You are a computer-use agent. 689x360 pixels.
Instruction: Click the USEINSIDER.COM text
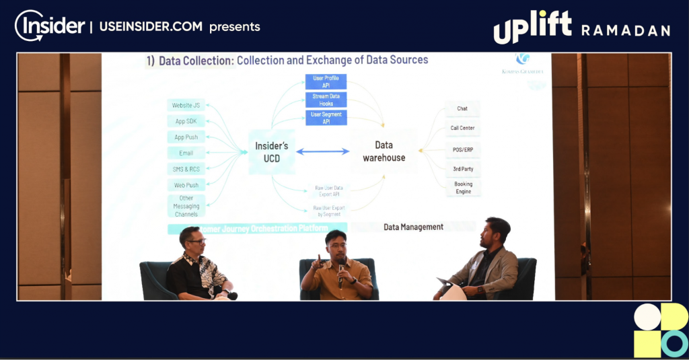point(151,27)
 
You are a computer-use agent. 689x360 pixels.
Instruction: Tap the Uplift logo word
point(532,28)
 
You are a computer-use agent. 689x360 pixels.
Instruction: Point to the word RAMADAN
point(626,30)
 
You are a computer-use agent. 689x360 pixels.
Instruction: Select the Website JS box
point(186,106)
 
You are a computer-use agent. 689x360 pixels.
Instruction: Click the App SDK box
point(186,121)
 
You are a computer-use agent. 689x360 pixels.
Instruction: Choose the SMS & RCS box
point(186,169)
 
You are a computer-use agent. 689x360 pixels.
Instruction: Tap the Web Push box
point(186,185)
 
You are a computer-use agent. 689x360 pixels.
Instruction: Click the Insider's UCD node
point(272,151)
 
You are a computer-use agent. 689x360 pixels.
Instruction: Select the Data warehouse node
point(384,151)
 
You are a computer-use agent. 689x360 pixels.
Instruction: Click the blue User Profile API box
point(326,82)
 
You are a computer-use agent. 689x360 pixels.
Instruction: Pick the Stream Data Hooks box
point(326,100)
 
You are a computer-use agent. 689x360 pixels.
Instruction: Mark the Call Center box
point(462,128)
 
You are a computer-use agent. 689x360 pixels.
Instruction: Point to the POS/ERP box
point(462,149)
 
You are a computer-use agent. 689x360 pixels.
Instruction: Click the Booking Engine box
point(462,188)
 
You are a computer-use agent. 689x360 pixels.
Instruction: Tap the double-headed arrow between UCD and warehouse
point(323,151)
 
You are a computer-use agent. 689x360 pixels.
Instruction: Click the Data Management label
point(413,227)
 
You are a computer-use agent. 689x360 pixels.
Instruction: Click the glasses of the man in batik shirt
point(196,241)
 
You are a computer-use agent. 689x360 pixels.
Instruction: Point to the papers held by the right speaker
point(450,289)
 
